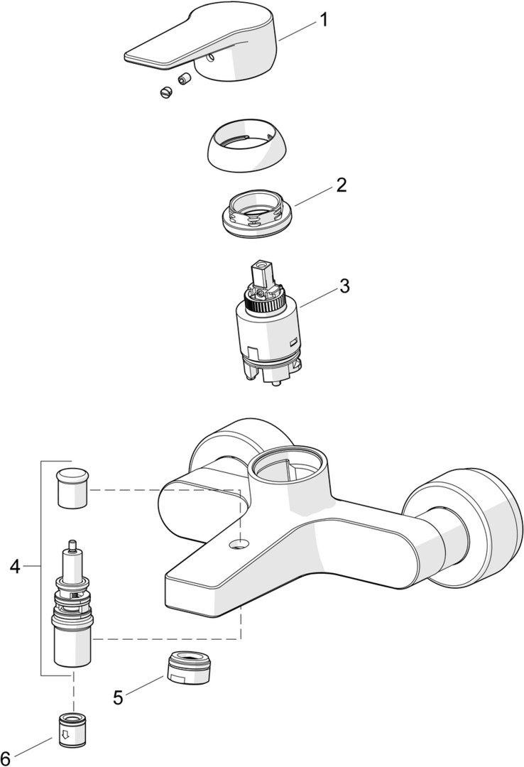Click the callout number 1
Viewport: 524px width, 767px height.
(324, 20)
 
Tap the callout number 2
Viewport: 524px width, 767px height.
(342, 186)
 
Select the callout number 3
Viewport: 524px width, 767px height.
(344, 286)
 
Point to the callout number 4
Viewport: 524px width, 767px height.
(16, 566)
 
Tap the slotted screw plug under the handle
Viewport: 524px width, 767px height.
(167, 91)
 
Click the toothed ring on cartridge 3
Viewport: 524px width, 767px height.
(266, 306)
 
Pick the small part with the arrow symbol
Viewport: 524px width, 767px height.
(72, 729)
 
